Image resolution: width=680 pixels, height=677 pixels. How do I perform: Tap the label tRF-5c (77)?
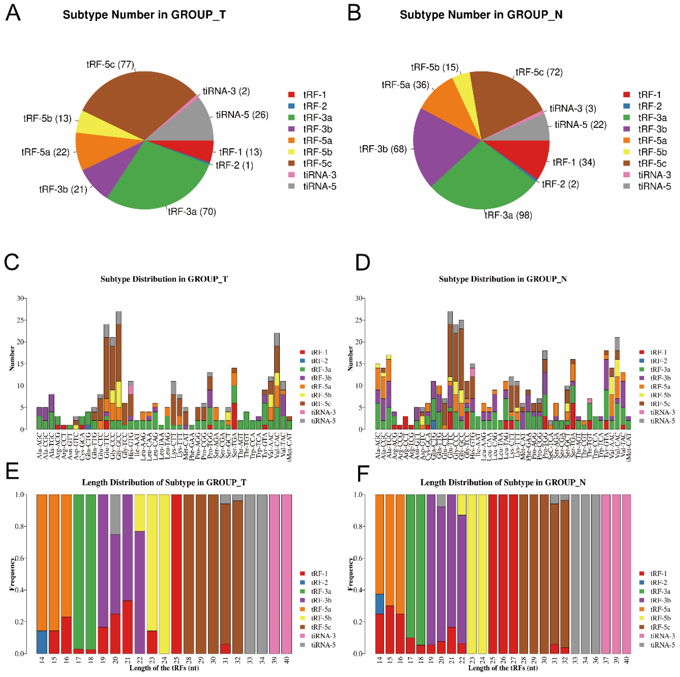click(110, 65)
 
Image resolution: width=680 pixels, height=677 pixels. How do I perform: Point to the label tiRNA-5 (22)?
click(580, 125)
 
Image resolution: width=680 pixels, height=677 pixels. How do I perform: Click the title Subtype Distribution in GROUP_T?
click(164, 279)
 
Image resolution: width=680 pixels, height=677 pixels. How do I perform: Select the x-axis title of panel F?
click(503, 668)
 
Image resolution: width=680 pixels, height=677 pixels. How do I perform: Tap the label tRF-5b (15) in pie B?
click(434, 67)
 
